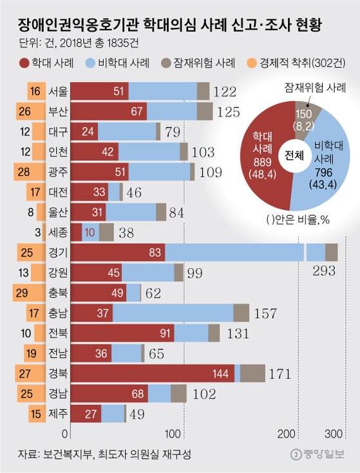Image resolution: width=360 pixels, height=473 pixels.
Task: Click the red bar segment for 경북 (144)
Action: click(x=151, y=372)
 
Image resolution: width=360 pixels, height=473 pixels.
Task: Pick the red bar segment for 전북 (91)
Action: click(x=122, y=333)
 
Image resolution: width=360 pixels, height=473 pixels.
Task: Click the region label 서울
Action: click(x=58, y=92)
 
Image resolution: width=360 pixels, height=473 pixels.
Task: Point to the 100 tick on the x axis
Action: click(x=173, y=432)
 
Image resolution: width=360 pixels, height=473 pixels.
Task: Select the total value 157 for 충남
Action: click(x=265, y=313)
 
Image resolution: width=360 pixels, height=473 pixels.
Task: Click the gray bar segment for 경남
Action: click(x=178, y=392)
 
